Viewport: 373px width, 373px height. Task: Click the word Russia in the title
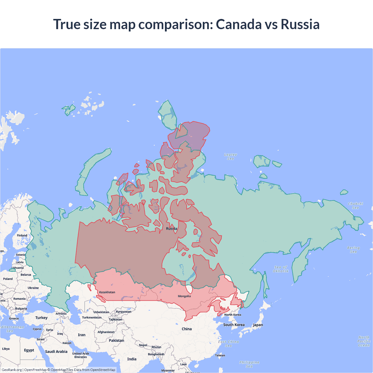300,24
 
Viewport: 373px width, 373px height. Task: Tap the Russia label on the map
172,229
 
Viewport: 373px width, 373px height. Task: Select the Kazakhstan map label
107,292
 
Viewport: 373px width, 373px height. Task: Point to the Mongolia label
184,296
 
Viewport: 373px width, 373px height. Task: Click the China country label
186,329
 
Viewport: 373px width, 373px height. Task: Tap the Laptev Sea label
231,157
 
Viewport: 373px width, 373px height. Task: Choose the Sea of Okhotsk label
281,269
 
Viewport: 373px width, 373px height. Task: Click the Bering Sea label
353,250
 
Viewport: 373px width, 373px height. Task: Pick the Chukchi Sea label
355,206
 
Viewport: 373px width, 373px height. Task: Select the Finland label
22,235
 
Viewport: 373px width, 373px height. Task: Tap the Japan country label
258,325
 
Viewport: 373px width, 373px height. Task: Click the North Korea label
233,315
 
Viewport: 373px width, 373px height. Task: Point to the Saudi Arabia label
56,352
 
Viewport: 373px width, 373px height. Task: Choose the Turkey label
41,318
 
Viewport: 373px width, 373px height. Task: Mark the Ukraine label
33,288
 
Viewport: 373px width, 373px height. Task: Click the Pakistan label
116,340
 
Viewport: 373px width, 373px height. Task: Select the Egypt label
29,350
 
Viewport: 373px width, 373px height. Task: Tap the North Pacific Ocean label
364,341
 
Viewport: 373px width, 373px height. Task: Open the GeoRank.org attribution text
12,370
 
